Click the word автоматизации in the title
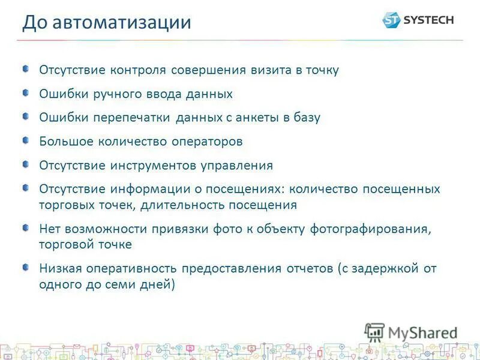click(x=122, y=23)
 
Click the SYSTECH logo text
click(x=428, y=20)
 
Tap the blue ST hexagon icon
click(x=391, y=20)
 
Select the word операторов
click(x=208, y=142)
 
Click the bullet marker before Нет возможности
click(x=26, y=227)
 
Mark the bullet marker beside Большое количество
click(x=26, y=140)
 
